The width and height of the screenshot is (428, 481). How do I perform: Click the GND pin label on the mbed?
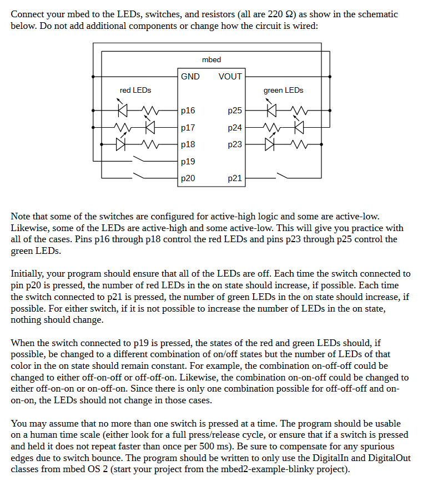190,77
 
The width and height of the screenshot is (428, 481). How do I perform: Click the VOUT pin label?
230,77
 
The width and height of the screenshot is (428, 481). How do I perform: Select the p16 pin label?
188,111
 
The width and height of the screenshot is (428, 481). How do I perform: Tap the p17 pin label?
188,128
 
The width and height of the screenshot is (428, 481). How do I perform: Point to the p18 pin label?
188,144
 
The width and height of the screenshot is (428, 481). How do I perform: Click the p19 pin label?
188,162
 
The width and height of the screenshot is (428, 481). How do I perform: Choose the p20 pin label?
188,179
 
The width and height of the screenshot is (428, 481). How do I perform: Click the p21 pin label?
235,179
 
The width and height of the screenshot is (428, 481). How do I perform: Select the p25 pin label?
235,111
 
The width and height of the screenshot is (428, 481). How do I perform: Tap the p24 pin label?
235,128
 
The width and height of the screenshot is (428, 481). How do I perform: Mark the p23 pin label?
235,144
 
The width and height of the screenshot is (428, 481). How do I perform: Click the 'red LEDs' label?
135,90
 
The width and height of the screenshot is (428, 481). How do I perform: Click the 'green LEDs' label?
283,90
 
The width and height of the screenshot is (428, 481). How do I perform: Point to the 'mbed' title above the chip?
212,59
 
